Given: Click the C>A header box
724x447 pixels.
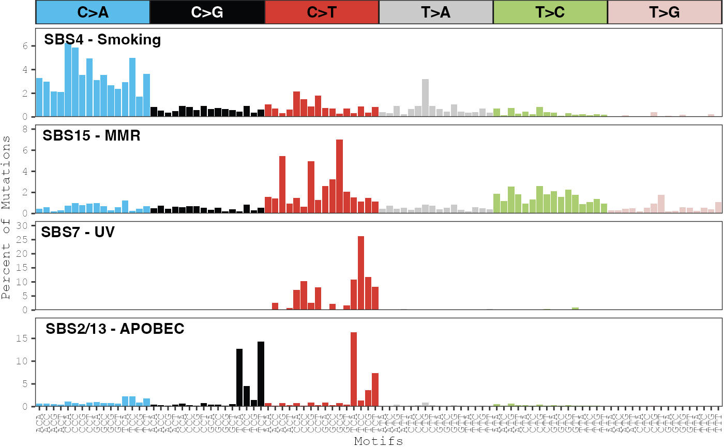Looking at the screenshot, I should [x=93, y=12].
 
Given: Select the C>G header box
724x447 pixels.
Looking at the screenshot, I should [x=207, y=12].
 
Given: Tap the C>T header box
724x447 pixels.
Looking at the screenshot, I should [x=322, y=12].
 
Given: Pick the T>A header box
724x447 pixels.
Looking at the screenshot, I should [x=436, y=12].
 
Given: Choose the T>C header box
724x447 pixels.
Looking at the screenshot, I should [x=550, y=12].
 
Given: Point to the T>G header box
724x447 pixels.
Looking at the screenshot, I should [x=665, y=12].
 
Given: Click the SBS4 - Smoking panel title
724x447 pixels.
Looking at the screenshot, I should [x=102, y=39].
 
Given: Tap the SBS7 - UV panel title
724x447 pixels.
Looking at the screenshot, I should [x=78, y=232].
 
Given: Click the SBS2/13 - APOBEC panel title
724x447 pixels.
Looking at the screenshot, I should [x=115, y=329].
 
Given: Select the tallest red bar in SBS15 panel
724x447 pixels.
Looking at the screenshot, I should [x=339, y=176].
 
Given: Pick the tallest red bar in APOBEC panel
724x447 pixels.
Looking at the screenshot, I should [x=354, y=369].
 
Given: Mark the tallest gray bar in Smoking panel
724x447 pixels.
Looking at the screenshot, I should [x=425, y=98].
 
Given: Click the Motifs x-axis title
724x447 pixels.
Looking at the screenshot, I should [x=379, y=441].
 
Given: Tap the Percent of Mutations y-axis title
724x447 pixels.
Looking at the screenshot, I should [x=6, y=217].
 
